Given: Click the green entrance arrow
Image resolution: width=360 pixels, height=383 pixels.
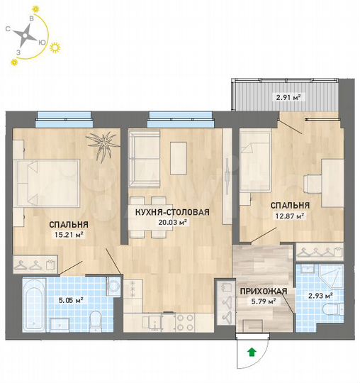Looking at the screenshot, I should pyautogui.click(x=251, y=350).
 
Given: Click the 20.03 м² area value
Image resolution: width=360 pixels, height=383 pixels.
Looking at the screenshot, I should pyautogui.click(x=172, y=221).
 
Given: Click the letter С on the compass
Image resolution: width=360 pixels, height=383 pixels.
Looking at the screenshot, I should pyautogui.click(x=6, y=29).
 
